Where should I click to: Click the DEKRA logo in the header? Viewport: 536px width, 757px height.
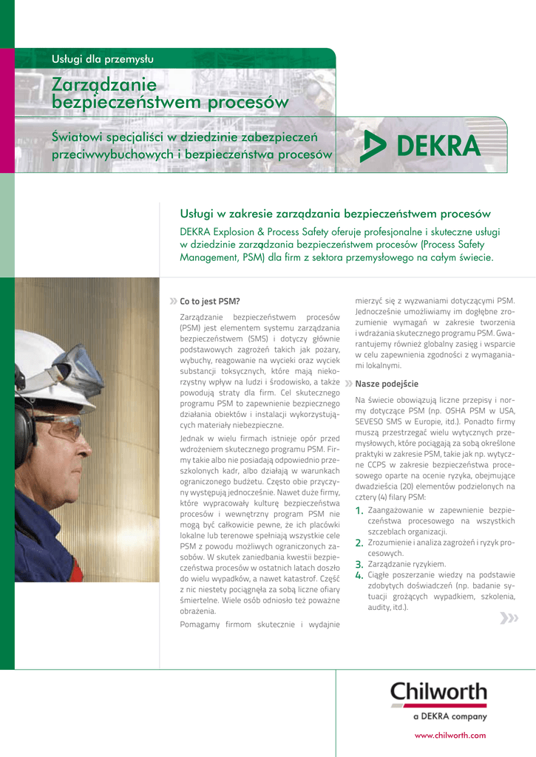[x=419, y=148]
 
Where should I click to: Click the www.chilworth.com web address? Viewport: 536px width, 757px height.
[x=450, y=735]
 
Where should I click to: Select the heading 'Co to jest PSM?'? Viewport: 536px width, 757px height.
[x=210, y=302]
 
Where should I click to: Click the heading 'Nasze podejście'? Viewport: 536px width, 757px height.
[x=387, y=384]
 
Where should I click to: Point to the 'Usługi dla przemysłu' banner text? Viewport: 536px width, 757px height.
[x=102, y=58]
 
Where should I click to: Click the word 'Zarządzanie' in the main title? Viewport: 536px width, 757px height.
[x=104, y=85]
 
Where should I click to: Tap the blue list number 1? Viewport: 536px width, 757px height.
[x=359, y=511]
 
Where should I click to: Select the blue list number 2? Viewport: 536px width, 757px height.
[x=359, y=543]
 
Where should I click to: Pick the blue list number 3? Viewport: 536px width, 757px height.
[x=359, y=564]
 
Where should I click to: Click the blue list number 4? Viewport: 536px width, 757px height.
[x=359, y=575]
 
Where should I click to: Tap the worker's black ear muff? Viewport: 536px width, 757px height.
[x=26, y=421]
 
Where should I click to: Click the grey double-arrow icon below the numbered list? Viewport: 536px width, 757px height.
[x=509, y=618]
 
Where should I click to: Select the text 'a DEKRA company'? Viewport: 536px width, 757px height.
[x=450, y=716]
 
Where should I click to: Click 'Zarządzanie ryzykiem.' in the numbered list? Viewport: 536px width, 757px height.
[x=407, y=563]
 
